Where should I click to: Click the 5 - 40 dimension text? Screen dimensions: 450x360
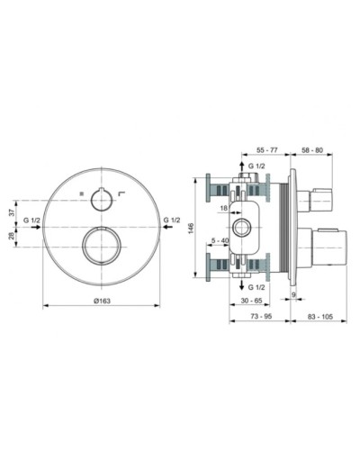tap(219, 240)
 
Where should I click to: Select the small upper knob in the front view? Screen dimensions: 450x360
tap(107, 198)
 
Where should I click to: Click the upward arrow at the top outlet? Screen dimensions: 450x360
tap(241, 167)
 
